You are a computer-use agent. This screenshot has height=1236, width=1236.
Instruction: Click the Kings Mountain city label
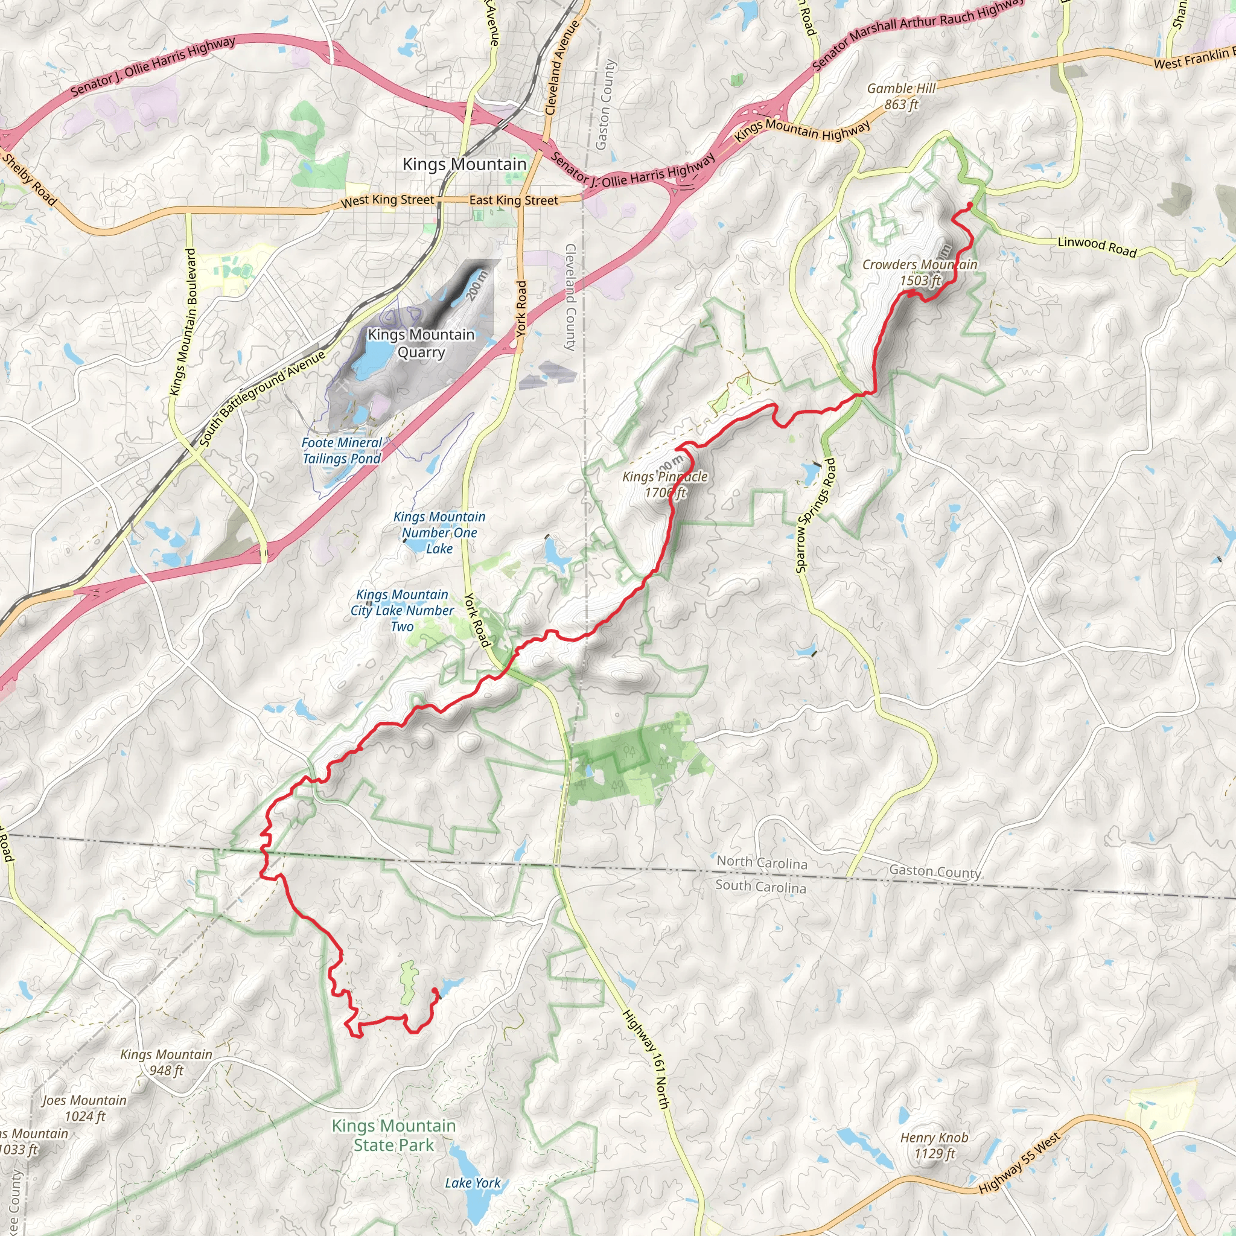click(464, 164)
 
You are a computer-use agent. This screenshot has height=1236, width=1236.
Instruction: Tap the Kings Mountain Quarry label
click(421, 343)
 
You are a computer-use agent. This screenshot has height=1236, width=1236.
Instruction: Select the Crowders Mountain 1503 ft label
click(919, 273)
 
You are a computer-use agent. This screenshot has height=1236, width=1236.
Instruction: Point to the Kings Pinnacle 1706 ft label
click(664, 484)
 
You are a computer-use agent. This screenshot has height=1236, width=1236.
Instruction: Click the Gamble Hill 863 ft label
click(901, 97)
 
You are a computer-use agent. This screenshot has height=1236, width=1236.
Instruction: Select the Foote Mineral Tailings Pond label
click(342, 450)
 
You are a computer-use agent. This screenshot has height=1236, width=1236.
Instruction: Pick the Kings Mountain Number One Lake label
click(439, 532)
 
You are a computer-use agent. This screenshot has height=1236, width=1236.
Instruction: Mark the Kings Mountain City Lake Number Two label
click(402, 610)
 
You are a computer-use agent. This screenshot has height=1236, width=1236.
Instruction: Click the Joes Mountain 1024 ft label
click(84, 1108)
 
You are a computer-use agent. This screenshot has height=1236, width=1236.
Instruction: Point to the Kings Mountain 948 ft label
click(166, 1062)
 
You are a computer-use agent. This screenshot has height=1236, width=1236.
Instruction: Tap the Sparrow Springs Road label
click(815, 515)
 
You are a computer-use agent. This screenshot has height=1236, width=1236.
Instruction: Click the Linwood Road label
click(1097, 247)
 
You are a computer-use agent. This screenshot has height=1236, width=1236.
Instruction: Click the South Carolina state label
click(760, 886)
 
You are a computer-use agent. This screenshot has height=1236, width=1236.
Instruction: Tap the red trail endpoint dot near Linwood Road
click(970, 205)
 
